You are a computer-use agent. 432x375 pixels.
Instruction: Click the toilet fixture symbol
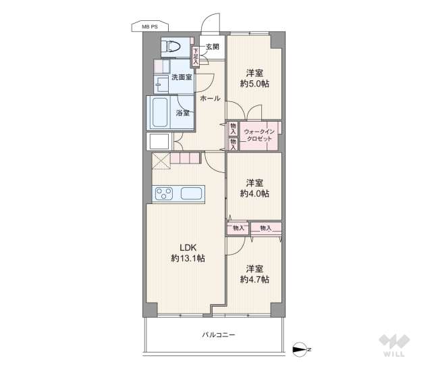point(172,47)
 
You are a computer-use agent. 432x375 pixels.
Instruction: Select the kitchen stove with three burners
point(165,194)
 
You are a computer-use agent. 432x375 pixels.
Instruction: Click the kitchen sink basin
point(191,194)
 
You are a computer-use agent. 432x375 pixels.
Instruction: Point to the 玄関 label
point(212,47)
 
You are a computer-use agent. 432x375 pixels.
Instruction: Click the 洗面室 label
point(181,77)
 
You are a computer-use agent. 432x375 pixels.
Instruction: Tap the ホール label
point(209,99)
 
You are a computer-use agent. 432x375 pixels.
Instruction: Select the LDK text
point(187,247)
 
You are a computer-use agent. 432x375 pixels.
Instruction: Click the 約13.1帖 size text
point(187,258)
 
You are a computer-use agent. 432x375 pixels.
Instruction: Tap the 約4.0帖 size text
point(254,193)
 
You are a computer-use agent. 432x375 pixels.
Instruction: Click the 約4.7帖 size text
point(254,279)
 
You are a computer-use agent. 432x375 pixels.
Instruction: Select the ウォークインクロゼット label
point(259,134)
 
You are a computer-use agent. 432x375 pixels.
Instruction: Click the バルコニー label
point(218,334)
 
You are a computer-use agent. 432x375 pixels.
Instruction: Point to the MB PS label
point(149,26)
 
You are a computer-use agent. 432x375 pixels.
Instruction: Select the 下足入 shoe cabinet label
point(196,55)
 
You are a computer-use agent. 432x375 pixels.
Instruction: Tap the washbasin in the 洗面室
point(163,84)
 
